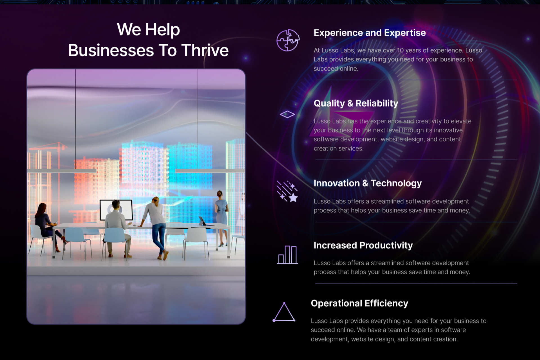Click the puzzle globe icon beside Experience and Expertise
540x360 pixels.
click(288, 40)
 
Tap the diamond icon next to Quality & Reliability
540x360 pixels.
click(287, 114)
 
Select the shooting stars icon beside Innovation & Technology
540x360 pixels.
click(287, 191)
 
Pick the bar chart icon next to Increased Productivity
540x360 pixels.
click(287, 255)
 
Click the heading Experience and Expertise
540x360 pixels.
click(370, 33)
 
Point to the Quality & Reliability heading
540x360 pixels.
click(356, 103)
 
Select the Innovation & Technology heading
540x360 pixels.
click(368, 183)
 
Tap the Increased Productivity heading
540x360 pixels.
click(363, 245)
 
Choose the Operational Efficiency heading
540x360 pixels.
click(359, 303)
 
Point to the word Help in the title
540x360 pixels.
click(163, 30)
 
